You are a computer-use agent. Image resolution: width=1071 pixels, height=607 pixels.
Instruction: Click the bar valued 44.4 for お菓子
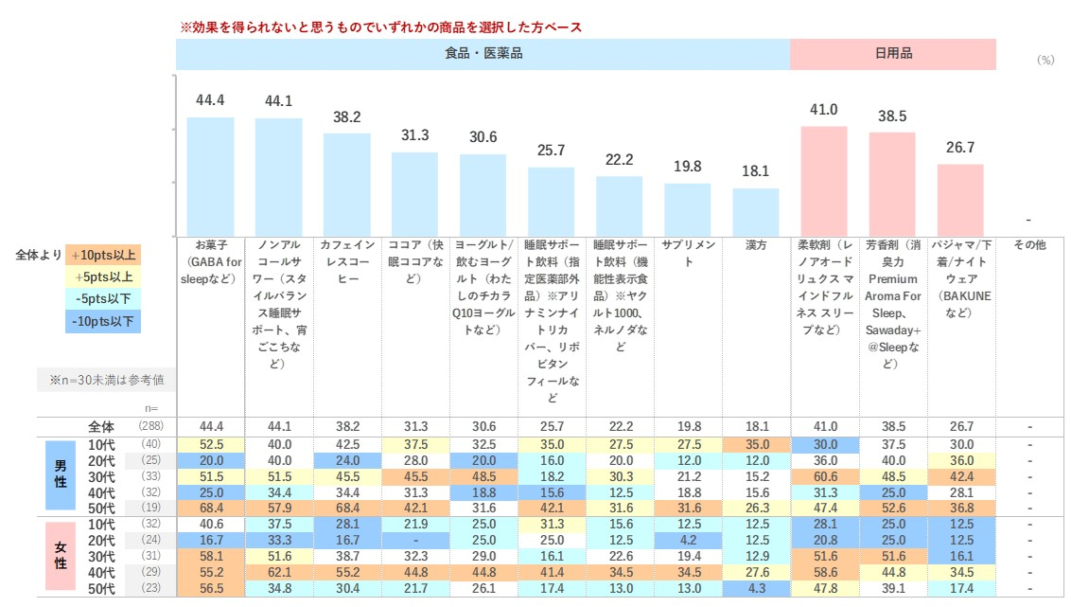pyautogui.click(x=210, y=176)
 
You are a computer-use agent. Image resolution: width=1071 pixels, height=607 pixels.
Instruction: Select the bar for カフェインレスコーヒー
pyautogui.click(x=347, y=184)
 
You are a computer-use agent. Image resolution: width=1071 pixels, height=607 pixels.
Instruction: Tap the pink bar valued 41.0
pyautogui.click(x=824, y=181)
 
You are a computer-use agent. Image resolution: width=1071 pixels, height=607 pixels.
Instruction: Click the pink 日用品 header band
pyautogui.click(x=893, y=54)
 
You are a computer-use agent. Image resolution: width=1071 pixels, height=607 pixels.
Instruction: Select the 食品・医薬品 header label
pyautogui.click(x=483, y=54)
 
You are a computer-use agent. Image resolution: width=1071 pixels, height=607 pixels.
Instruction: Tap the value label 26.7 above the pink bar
pyautogui.click(x=960, y=147)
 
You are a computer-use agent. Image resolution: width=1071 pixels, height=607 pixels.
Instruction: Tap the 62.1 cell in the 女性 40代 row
pyautogui.click(x=278, y=572)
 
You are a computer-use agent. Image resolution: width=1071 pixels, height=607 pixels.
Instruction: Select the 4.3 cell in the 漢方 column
pyautogui.click(x=756, y=589)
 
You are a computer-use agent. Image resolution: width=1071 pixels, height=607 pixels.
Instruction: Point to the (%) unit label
pyautogui.click(x=1045, y=59)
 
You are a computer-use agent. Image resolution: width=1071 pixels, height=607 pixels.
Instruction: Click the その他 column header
pyautogui.click(x=1029, y=244)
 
